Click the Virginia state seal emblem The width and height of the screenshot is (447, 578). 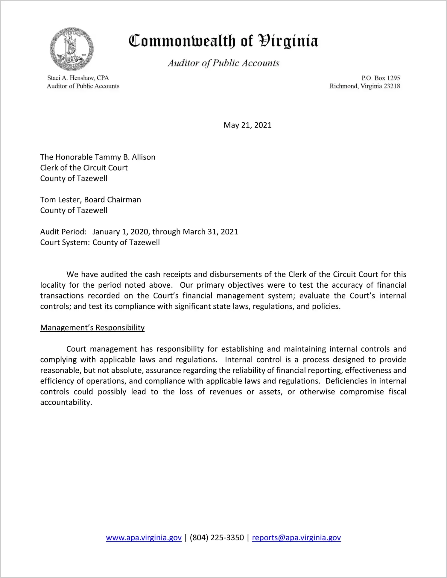(x=72, y=49)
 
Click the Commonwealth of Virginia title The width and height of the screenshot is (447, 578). (x=223, y=41)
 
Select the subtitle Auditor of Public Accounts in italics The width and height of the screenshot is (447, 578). (x=223, y=63)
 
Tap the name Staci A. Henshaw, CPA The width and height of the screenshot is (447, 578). (x=78, y=78)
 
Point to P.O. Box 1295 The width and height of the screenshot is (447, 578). (x=381, y=78)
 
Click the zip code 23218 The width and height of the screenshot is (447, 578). (x=392, y=86)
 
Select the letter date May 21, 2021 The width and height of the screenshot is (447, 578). (x=247, y=125)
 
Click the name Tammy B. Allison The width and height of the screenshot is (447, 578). (x=125, y=157)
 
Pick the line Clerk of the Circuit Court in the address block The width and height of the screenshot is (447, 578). (x=84, y=168)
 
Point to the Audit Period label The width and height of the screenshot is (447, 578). (x=63, y=232)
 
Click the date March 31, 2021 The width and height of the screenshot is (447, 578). (x=210, y=232)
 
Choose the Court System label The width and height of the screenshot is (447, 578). (x=65, y=242)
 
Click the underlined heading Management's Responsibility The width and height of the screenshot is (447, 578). (x=92, y=328)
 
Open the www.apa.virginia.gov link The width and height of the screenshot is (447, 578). (x=144, y=538)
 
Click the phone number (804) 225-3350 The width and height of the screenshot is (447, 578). (x=217, y=538)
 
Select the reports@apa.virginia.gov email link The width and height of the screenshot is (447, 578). (x=296, y=538)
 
